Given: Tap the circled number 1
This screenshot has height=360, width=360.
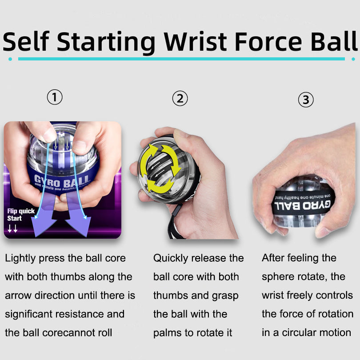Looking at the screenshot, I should coord(55,96).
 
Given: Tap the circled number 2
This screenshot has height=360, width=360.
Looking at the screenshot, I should coord(180,98).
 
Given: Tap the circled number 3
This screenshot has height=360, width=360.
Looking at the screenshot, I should coord(305,100).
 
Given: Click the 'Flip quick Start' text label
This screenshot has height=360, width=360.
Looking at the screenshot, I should coord(20,215).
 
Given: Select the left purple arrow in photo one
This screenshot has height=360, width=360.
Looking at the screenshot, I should coord(43,220).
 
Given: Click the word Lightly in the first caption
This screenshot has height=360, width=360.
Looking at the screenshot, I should coord(21,258).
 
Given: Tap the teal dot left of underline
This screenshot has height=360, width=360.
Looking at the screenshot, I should coord(10,59).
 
